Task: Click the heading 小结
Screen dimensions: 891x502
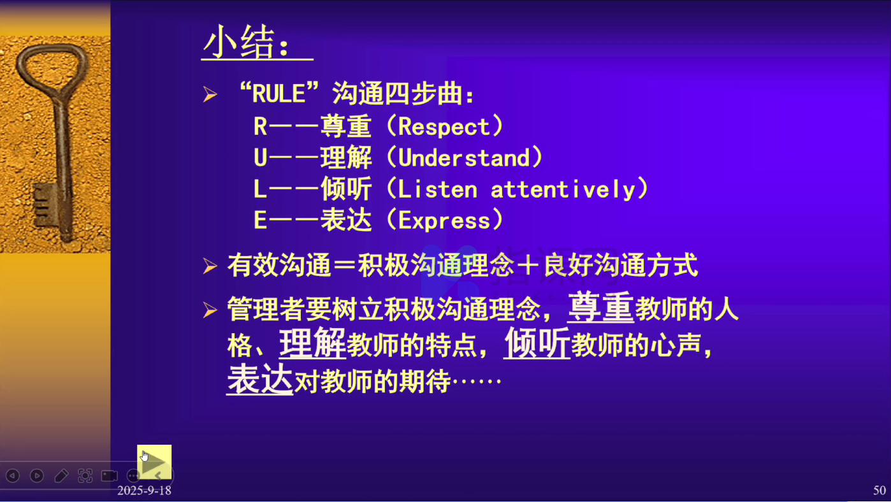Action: point(238,43)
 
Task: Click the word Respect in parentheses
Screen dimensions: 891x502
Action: point(444,127)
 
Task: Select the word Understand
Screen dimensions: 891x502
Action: point(464,158)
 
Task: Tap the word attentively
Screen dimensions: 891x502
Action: point(563,189)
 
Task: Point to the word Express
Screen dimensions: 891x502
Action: point(444,220)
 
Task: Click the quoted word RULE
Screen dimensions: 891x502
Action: point(279,94)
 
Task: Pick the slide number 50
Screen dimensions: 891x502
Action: point(880,490)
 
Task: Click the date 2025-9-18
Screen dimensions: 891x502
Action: point(144,491)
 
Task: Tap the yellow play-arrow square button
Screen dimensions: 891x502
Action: point(154,462)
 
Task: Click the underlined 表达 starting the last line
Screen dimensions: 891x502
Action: point(260,379)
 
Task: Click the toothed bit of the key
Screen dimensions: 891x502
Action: point(45,205)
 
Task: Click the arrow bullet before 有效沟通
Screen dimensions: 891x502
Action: point(210,266)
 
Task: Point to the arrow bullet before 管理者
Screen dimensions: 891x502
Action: point(210,310)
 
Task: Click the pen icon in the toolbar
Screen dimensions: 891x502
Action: point(61,475)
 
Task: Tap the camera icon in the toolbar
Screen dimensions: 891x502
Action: point(110,475)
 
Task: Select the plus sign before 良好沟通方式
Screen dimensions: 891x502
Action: point(528,266)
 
